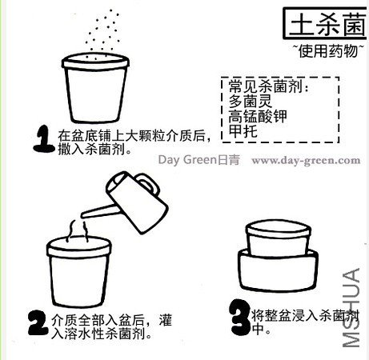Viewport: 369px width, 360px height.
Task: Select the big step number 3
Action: point(239,317)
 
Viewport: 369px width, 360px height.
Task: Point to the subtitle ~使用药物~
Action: point(328,50)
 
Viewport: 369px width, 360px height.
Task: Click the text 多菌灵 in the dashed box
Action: point(251,101)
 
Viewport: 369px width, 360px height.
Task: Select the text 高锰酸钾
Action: point(258,116)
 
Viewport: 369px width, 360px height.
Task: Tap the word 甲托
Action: point(243,131)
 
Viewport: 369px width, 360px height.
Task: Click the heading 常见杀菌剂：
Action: point(268,86)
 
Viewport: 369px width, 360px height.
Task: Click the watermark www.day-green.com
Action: point(306,161)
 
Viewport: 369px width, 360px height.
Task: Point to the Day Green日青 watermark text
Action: point(199,160)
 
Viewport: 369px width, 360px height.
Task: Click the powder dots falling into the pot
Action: point(102,34)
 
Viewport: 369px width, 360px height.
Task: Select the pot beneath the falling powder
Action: point(95,88)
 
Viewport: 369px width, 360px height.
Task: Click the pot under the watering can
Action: point(79,272)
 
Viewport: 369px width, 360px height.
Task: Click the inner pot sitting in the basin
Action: point(278,238)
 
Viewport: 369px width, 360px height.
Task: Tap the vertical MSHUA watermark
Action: point(351,308)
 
